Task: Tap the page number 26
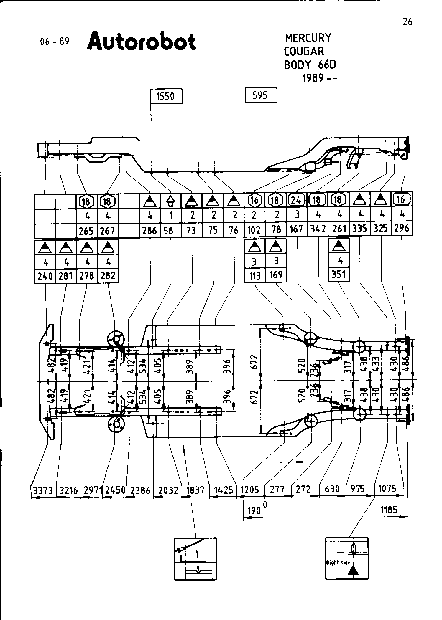407,22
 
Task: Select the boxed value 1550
166,96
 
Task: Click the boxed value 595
260,95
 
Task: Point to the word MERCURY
308,38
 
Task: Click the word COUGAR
304,52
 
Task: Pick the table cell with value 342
318,229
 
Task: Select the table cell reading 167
296,229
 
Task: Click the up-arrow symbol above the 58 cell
170,201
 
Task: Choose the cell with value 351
339,275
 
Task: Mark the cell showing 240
45,276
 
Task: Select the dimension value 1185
389,510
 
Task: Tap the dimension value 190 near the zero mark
254,511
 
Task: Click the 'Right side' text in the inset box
338,563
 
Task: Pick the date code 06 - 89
54,42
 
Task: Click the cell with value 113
255,276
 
